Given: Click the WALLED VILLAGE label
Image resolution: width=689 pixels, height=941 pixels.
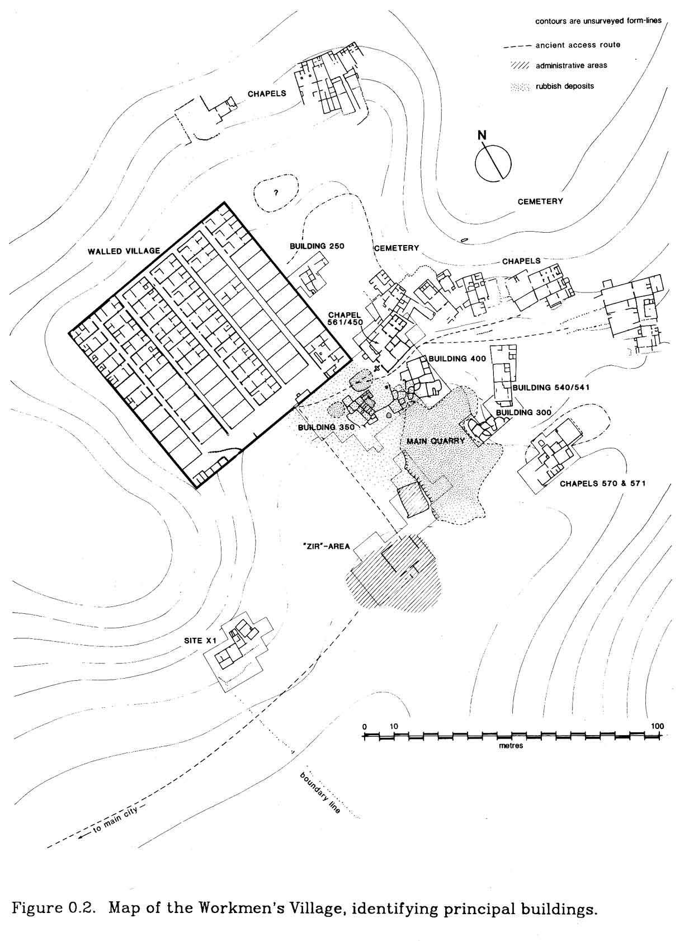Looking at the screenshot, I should tap(124, 252).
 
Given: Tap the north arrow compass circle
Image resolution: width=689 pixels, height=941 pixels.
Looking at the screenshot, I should tap(493, 163).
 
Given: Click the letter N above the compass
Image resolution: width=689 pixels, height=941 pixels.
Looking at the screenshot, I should tap(482, 135).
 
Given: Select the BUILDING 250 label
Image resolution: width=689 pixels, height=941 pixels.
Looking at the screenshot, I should tap(317, 246).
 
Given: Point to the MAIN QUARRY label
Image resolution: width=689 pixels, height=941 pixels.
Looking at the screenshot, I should tap(436, 441).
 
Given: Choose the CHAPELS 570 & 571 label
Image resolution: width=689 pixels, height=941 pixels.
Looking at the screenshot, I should tap(602, 483).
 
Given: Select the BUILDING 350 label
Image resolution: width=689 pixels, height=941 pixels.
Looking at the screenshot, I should tap(326, 427).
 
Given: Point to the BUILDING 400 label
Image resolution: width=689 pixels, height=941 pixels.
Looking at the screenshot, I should tap(457, 359).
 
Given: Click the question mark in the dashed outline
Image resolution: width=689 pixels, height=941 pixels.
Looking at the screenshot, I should tap(275, 193).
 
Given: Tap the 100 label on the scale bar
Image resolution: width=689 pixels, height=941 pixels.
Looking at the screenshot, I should tap(657, 726).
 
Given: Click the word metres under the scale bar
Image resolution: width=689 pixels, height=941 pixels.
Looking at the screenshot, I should tap(511, 746).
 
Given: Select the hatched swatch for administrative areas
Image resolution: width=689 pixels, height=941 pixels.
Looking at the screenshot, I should tap(520, 65).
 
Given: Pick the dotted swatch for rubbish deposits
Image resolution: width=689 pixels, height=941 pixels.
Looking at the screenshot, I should tap(520, 87).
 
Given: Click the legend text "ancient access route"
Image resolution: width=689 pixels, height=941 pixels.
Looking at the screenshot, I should tap(578, 45).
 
